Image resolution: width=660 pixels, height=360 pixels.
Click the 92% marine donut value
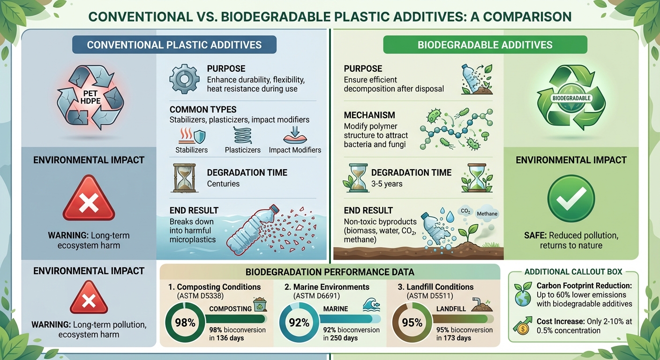[x=299, y=323]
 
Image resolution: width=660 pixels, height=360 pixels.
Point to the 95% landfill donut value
[x=412, y=323]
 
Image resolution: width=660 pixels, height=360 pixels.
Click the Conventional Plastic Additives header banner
[x=174, y=45]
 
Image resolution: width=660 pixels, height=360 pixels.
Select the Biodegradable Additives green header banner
[x=485, y=45]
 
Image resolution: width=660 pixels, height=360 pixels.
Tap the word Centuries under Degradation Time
[x=223, y=184]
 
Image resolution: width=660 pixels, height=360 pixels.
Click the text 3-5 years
[x=387, y=184]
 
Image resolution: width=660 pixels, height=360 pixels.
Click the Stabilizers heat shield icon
[x=193, y=136]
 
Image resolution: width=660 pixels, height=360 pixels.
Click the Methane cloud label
[x=487, y=214]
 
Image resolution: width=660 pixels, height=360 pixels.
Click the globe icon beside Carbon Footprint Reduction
[x=523, y=294]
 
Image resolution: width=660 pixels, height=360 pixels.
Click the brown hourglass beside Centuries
[x=181, y=178]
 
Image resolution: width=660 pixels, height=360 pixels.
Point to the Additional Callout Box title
[x=573, y=272]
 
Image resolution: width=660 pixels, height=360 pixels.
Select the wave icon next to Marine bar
[x=367, y=306]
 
